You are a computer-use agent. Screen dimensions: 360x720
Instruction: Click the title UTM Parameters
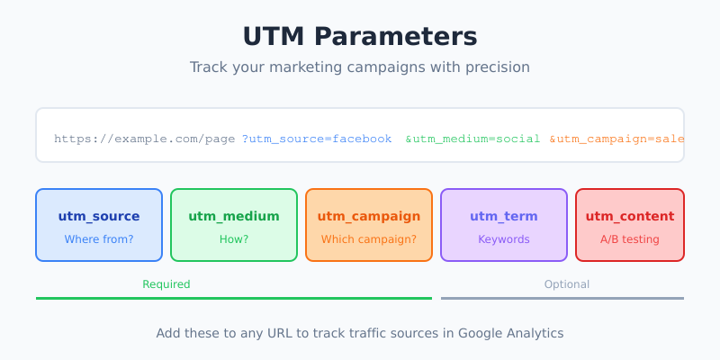[360, 37]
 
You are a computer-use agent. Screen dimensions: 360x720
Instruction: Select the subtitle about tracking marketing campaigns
[360, 67]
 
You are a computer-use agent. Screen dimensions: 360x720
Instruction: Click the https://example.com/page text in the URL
[145, 139]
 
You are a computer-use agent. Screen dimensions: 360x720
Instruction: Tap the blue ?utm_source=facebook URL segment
[317, 139]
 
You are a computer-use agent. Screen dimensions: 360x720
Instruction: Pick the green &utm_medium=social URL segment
[472, 139]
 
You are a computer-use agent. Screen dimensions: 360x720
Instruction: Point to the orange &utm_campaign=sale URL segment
[616, 139]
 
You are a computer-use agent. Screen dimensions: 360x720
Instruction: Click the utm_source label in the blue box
[99, 216]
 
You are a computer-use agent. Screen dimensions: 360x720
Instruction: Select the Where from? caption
[99, 239]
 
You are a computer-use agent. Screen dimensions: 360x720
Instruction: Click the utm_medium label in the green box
[234, 216]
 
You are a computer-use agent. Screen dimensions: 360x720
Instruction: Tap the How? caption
[234, 239]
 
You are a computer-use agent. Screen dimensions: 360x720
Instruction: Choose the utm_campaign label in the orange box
[369, 216]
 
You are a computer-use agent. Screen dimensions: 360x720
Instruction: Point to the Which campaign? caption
[369, 239]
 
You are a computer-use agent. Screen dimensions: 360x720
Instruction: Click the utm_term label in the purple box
[504, 216]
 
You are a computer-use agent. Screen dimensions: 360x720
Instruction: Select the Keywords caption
[504, 239]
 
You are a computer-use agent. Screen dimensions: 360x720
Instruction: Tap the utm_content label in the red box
[630, 216]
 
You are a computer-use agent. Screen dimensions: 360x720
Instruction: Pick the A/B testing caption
[630, 239]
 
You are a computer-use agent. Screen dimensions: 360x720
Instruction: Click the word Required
[166, 284]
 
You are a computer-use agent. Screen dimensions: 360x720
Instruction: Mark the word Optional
[567, 284]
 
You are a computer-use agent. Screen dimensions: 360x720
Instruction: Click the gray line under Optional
[562, 298]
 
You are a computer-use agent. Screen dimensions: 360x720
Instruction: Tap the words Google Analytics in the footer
[510, 333]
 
